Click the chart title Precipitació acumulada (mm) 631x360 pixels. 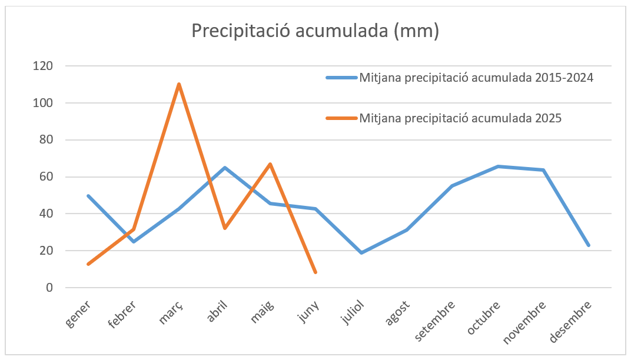pyautogui.click(x=315, y=31)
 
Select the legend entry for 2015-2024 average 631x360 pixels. pyautogui.click(x=460, y=77)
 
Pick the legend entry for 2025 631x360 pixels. pyautogui.click(x=443, y=118)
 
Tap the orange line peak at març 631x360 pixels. pyautogui.click(x=179, y=84)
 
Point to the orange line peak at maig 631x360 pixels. pyautogui.click(x=270, y=164)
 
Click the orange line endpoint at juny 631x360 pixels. pyautogui.click(x=315, y=272)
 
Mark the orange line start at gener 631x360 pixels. pyautogui.click(x=88, y=264)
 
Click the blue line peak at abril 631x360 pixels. pyautogui.click(x=224, y=168)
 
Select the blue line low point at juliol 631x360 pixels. pyautogui.click(x=361, y=252)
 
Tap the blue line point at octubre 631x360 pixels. pyautogui.click(x=498, y=166)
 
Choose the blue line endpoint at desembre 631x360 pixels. pyautogui.click(x=589, y=245)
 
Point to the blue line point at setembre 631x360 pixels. pyautogui.click(x=452, y=186)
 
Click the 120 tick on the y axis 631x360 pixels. pyautogui.click(x=43, y=66)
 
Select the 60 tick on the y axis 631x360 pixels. pyautogui.click(x=47, y=177)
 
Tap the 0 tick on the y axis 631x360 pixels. pyautogui.click(x=49, y=288)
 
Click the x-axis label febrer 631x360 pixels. pyautogui.click(x=122, y=315)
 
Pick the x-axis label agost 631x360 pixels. pyautogui.click(x=397, y=313)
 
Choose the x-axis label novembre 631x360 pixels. pyautogui.click(x=525, y=322)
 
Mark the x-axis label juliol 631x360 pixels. pyautogui.click(x=353, y=312)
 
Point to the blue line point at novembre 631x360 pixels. pyautogui.click(x=543, y=170)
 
